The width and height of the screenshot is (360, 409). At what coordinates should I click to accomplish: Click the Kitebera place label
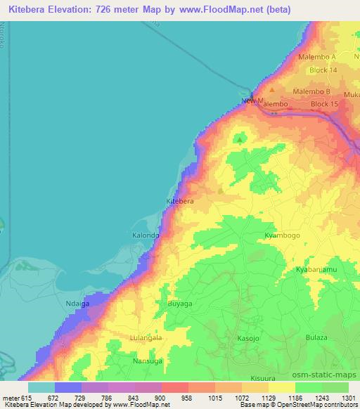pyautogui.click(x=179, y=201)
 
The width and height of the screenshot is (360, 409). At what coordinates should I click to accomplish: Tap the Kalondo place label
pyautogui.click(x=146, y=236)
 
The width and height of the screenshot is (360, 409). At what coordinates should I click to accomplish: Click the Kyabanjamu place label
pyautogui.click(x=316, y=269)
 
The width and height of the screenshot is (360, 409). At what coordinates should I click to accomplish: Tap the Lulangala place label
pyautogui.click(x=146, y=338)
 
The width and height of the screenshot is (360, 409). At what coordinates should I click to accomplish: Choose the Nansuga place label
pyautogui.click(x=147, y=361)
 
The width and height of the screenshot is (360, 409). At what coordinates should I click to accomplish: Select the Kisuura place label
pyautogui.click(x=263, y=378)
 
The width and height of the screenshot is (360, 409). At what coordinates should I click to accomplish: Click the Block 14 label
pyautogui.click(x=324, y=71)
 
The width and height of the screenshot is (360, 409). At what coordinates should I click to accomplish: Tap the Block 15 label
pyautogui.click(x=324, y=104)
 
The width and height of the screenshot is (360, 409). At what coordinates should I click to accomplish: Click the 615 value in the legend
pyautogui.click(x=27, y=398)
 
